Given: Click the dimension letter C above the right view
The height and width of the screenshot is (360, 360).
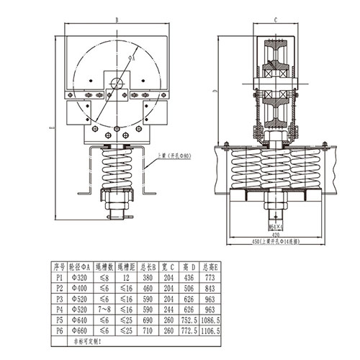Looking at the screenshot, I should tap(276, 21).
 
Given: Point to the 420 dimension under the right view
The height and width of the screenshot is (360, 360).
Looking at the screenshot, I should tap(276, 233).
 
